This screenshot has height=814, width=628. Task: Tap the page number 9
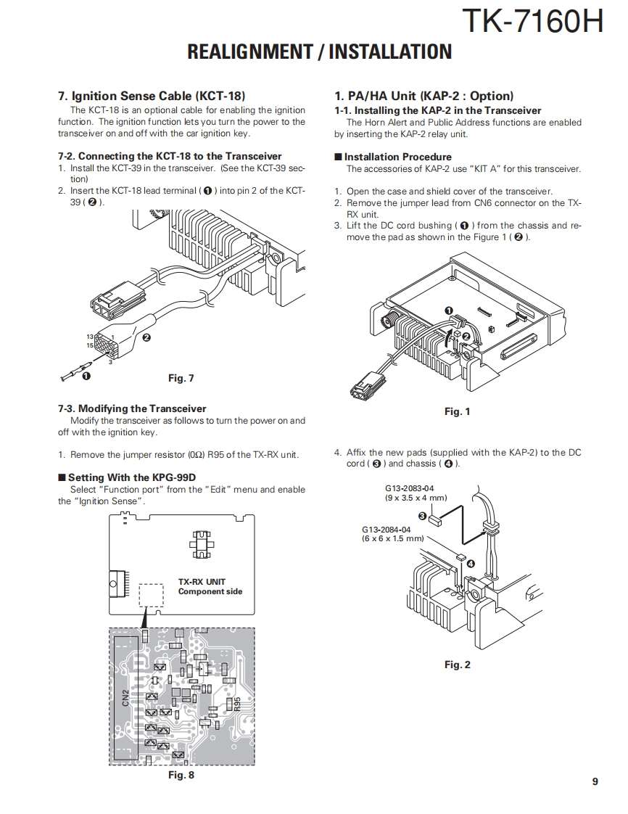[595, 781]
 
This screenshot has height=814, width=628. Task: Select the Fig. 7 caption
[181, 378]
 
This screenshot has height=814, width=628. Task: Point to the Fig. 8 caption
[181, 775]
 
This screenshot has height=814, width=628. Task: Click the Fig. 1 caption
[458, 411]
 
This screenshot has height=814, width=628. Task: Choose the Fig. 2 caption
[458, 665]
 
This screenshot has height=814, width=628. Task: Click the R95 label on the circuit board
[236, 704]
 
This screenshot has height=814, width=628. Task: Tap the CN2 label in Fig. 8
[125, 698]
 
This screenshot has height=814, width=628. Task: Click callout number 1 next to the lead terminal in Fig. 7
[86, 376]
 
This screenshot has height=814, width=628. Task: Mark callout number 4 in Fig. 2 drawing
[471, 563]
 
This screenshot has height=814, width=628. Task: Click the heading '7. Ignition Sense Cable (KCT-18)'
[152, 96]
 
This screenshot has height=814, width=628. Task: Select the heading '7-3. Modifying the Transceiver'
[132, 408]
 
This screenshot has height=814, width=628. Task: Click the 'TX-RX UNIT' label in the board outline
[202, 581]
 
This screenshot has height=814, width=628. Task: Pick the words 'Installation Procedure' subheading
[397, 157]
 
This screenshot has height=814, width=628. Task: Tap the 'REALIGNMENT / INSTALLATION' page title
[319, 52]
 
